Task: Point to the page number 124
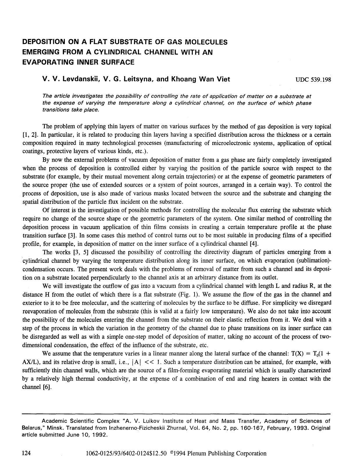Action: coord(27,453)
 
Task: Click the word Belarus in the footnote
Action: coord(33,428)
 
